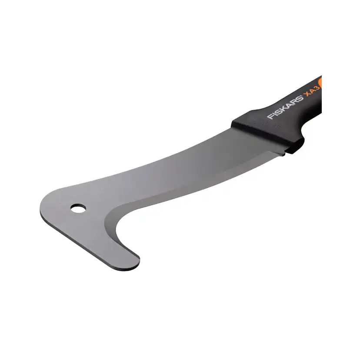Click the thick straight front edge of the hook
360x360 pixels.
tap(87, 243)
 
